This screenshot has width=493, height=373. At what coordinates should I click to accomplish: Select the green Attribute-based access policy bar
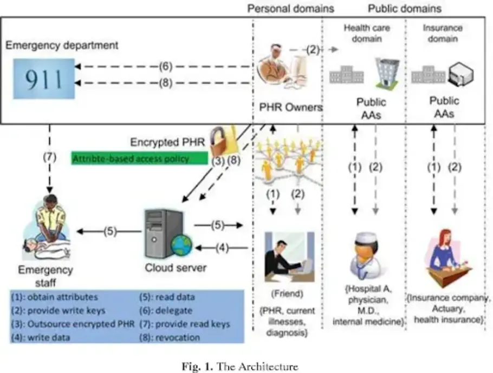click(140, 158)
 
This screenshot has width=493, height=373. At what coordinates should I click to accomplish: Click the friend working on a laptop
click(287, 257)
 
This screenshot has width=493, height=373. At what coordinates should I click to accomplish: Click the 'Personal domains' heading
click(290, 9)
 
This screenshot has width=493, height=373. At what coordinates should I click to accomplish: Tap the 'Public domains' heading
click(405, 9)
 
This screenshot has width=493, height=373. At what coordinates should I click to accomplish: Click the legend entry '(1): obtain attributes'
click(54, 297)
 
